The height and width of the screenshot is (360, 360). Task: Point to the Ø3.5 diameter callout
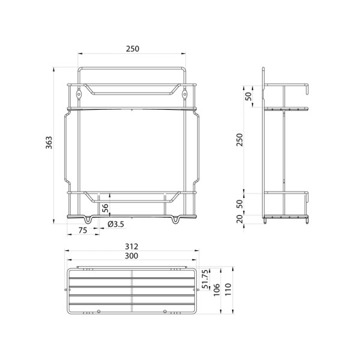coord(116,224)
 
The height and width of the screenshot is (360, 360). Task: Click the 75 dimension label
coord(82,230)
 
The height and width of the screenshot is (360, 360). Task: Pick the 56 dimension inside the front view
coord(106,208)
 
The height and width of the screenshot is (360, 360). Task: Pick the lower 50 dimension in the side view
coord(239,203)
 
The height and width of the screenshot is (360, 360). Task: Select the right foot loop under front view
coord(176,220)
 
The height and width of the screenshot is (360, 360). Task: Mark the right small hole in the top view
coord(165,311)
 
